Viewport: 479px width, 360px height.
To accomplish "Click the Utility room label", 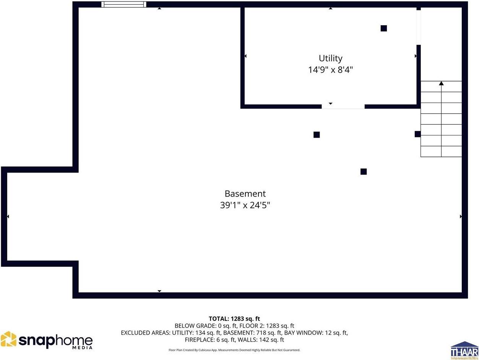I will tap(330, 58).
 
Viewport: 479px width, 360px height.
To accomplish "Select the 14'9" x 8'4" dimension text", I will tap(330, 70).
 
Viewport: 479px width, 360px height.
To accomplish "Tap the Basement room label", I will tap(245, 194).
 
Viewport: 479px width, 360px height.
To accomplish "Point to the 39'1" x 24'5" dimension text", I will tap(245, 205).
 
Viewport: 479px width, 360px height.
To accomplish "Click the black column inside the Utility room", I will tap(383, 28).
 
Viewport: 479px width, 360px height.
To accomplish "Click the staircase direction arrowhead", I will tap(441, 83).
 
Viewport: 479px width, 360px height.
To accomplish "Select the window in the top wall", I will tap(123, 5).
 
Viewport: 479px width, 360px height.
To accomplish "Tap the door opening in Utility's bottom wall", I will tap(343, 106).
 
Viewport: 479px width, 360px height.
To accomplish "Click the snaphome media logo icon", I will tap(8, 339).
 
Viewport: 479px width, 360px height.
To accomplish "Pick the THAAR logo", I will tap(464, 350).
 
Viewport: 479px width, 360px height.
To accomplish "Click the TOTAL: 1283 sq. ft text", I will tap(234, 319).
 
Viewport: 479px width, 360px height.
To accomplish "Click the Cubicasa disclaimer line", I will tap(234, 350).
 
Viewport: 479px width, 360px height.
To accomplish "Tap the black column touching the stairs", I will tap(417, 134).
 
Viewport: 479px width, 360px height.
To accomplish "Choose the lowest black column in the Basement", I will tap(364, 171).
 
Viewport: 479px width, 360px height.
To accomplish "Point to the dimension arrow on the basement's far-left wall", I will tap(8, 217).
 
